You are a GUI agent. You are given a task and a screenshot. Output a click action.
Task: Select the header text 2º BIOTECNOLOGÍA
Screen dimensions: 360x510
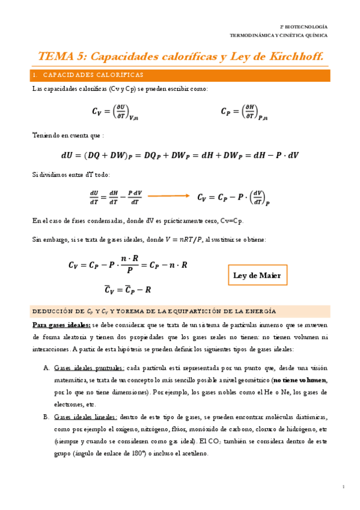[304, 26]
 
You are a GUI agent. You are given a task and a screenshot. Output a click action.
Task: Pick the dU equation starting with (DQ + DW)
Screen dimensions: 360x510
[180, 155]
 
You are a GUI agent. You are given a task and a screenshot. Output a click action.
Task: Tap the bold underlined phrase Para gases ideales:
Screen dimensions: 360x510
[61, 325]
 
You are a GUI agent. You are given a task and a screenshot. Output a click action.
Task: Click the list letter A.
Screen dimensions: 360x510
[46, 368]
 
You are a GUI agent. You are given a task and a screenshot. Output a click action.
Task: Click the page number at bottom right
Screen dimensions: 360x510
[343, 486]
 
